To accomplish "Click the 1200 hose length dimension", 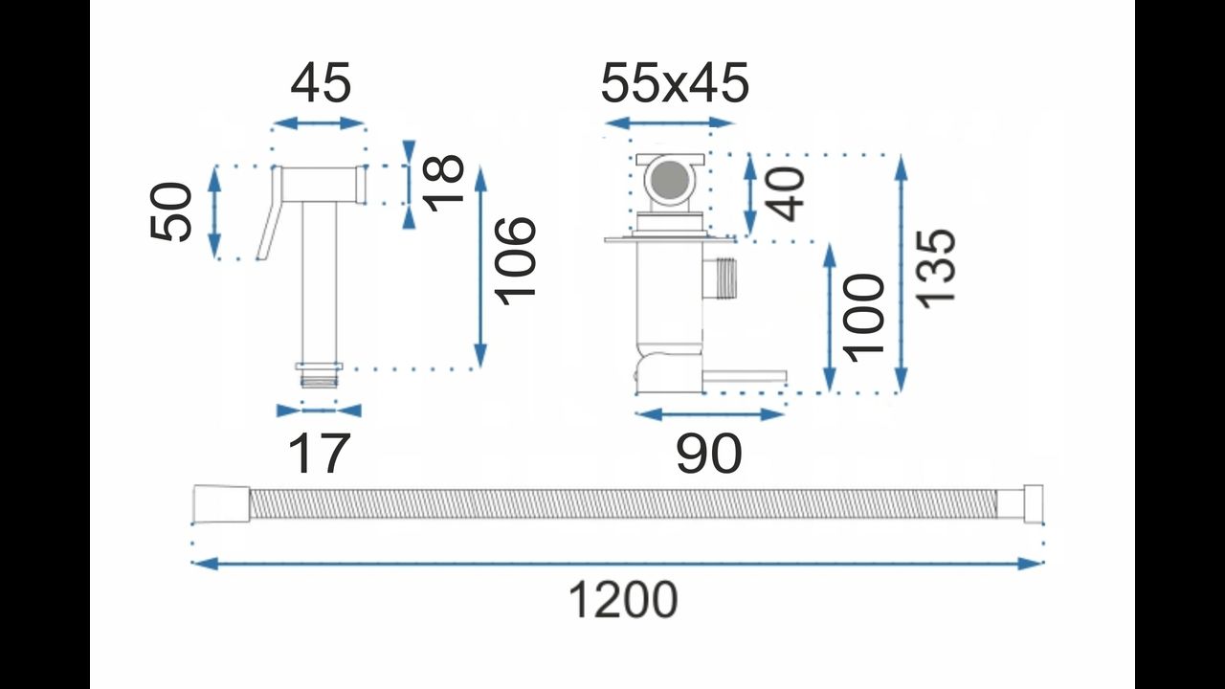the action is [623, 600].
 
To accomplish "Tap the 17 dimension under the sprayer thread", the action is [319, 454].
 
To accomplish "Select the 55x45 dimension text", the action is [675, 82].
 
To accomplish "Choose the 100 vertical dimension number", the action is [864, 318].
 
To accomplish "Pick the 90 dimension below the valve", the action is [709, 454].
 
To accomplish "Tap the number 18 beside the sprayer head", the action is [443, 183].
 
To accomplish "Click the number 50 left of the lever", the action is [170, 211].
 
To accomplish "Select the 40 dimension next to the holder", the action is [785, 194].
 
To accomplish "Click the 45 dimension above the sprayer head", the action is [320, 82].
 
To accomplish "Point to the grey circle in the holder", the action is [669, 180].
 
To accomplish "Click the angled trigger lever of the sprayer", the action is [270, 212].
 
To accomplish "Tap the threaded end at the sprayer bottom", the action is [320, 380].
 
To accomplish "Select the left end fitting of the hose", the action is [221, 502].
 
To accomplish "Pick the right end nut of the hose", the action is [1033, 502].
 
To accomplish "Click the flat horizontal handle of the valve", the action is [745, 377].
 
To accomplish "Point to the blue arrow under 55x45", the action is [669, 123].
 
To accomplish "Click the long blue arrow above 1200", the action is [617, 563].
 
